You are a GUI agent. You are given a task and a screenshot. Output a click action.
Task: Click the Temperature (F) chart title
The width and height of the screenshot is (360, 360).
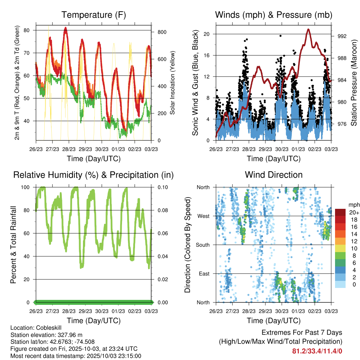click(94, 15)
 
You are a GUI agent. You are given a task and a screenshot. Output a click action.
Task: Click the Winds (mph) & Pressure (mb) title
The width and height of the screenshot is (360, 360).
click(274, 15)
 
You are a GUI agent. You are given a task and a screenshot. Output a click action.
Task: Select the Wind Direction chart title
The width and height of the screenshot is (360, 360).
click(274, 175)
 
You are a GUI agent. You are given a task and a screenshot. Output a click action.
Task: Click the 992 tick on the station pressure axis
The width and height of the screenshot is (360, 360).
click(337, 36)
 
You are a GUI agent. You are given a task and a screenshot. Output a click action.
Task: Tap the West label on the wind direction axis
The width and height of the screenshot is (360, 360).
click(203, 216)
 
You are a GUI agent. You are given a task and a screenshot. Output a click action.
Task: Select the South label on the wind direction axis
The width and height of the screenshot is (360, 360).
click(202, 245)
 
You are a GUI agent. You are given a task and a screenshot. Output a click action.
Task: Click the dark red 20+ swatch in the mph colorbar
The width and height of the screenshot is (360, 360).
click(340, 213)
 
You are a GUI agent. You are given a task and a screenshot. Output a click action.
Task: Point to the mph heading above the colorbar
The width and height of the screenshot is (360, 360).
click(353, 205)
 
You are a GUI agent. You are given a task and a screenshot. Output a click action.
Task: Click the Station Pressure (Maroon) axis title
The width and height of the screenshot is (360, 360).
click(354, 83)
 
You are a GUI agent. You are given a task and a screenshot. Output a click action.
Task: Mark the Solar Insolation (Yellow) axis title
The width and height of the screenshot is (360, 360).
click(173, 83)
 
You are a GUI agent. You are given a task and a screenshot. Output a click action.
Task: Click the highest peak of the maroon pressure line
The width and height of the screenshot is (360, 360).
click(308, 29)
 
